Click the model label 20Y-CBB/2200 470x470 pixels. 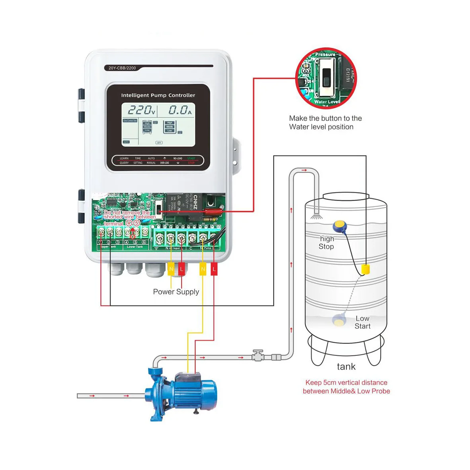point(122,68)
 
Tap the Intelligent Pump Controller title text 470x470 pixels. point(158,96)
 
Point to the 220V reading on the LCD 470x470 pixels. point(141,110)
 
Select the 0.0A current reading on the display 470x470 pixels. point(180,110)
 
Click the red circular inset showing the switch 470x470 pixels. point(326,78)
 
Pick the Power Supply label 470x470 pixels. point(176,292)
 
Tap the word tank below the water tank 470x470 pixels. point(346,367)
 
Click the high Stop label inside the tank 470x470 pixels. point(326,243)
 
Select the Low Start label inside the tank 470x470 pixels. point(363,322)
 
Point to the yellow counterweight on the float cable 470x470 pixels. point(365,269)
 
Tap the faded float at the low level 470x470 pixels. point(339,320)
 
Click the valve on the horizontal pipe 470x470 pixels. point(258,355)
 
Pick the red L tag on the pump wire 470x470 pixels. point(214,269)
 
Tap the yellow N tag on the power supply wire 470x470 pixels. point(171,269)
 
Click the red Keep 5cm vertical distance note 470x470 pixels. point(346,387)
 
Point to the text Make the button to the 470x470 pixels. point(325,118)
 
